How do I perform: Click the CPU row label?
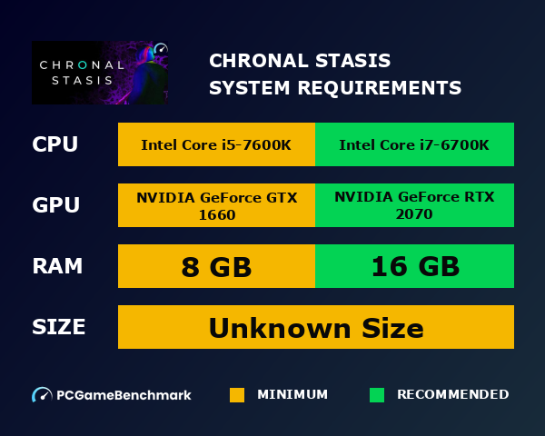tap(54, 145)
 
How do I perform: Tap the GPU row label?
tap(55, 205)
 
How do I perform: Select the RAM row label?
tap(57, 266)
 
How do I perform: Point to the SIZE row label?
tap(59, 327)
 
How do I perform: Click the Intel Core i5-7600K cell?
tap(216, 145)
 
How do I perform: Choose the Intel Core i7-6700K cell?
tap(414, 145)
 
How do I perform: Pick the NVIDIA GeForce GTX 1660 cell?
tap(216, 205)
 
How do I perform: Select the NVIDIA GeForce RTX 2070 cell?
tap(414, 205)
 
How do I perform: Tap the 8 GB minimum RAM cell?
tap(216, 266)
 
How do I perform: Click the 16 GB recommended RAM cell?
tap(414, 266)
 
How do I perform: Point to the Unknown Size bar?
tap(316, 327)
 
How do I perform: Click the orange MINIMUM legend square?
tap(237, 395)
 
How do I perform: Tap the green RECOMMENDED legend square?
tap(377, 395)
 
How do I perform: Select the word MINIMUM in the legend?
tap(292, 395)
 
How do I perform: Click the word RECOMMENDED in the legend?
tap(452, 395)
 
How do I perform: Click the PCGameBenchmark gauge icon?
tap(42, 395)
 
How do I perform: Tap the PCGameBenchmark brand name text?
tap(124, 395)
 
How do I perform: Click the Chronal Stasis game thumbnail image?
tap(100, 73)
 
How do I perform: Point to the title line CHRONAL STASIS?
tap(300, 61)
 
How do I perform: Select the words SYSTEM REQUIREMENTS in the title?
tap(335, 88)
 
